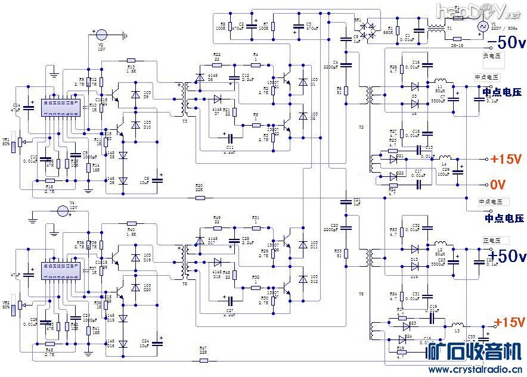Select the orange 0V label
tap(498, 184)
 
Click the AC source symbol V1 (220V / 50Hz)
tap(482, 27)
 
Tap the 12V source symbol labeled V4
tap(63, 211)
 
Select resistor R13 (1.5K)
tap(131, 60)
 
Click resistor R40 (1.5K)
tap(131, 223)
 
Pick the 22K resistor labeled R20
tap(200, 197)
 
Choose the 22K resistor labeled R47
tap(203, 358)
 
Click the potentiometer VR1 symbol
tap(21, 141)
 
